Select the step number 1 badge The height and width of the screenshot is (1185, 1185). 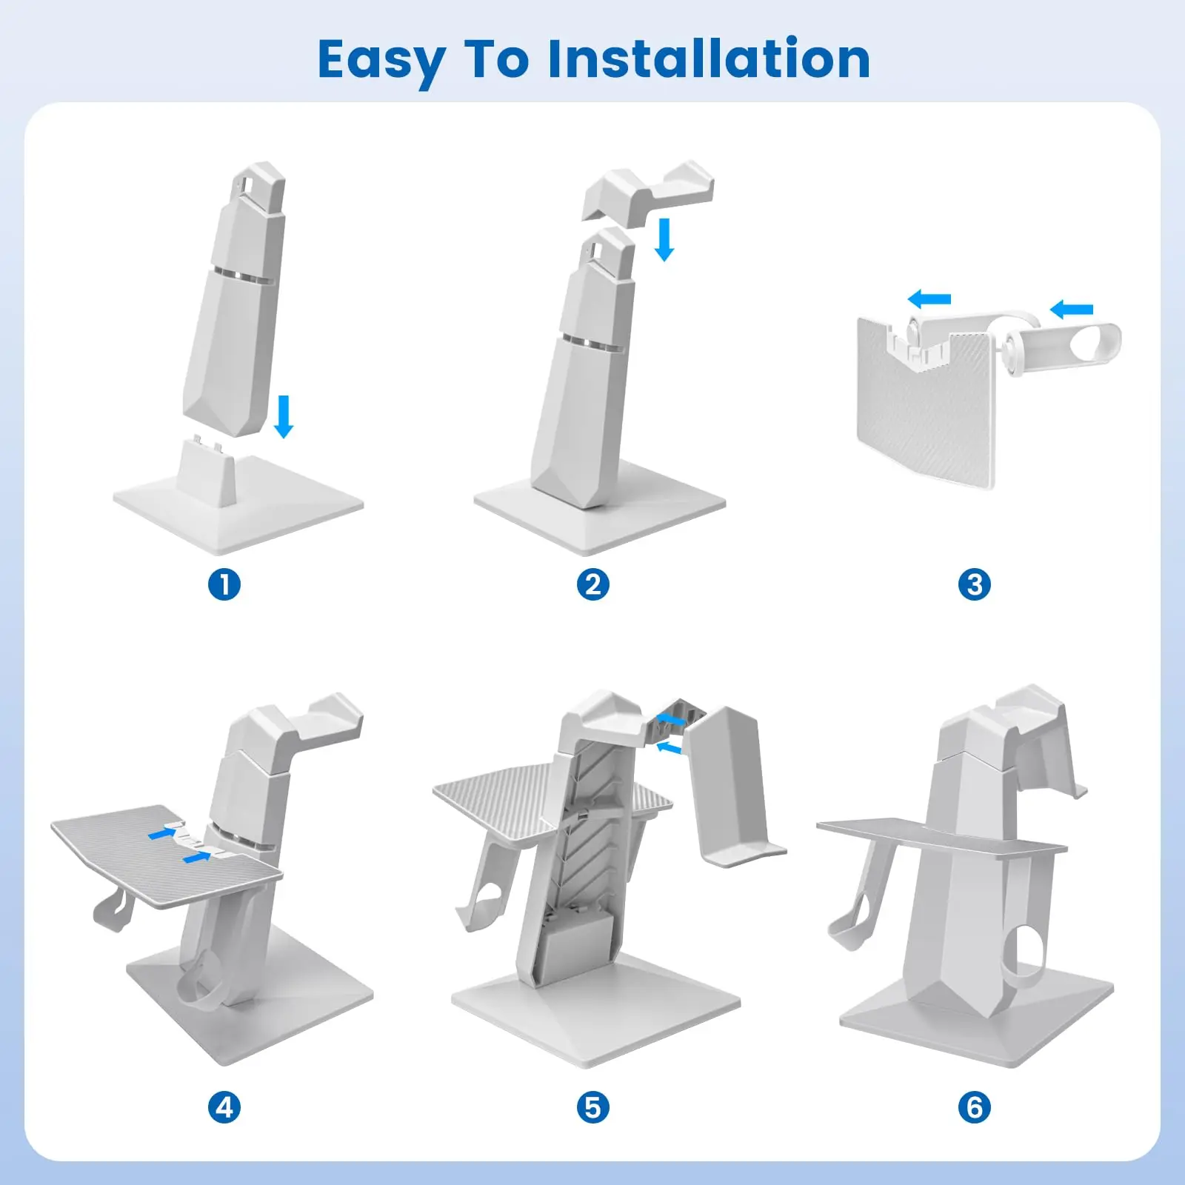click(x=224, y=584)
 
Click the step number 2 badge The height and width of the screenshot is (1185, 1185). click(x=592, y=584)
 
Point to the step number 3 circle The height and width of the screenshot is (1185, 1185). click(x=975, y=584)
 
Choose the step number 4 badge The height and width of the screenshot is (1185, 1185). click(x=224, y=1107)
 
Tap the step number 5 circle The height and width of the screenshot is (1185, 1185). click(x=592, y=1107)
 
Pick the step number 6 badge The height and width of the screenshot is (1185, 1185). click(x=975, y=1107)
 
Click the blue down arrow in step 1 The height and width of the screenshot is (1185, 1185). click(x=284, y=416)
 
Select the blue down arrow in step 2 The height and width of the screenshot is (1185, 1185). click(x=664, y=238)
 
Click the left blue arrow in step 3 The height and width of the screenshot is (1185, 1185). click(x=929, y=299)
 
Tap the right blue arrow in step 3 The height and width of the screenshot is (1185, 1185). click(x=1071, y=309)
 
